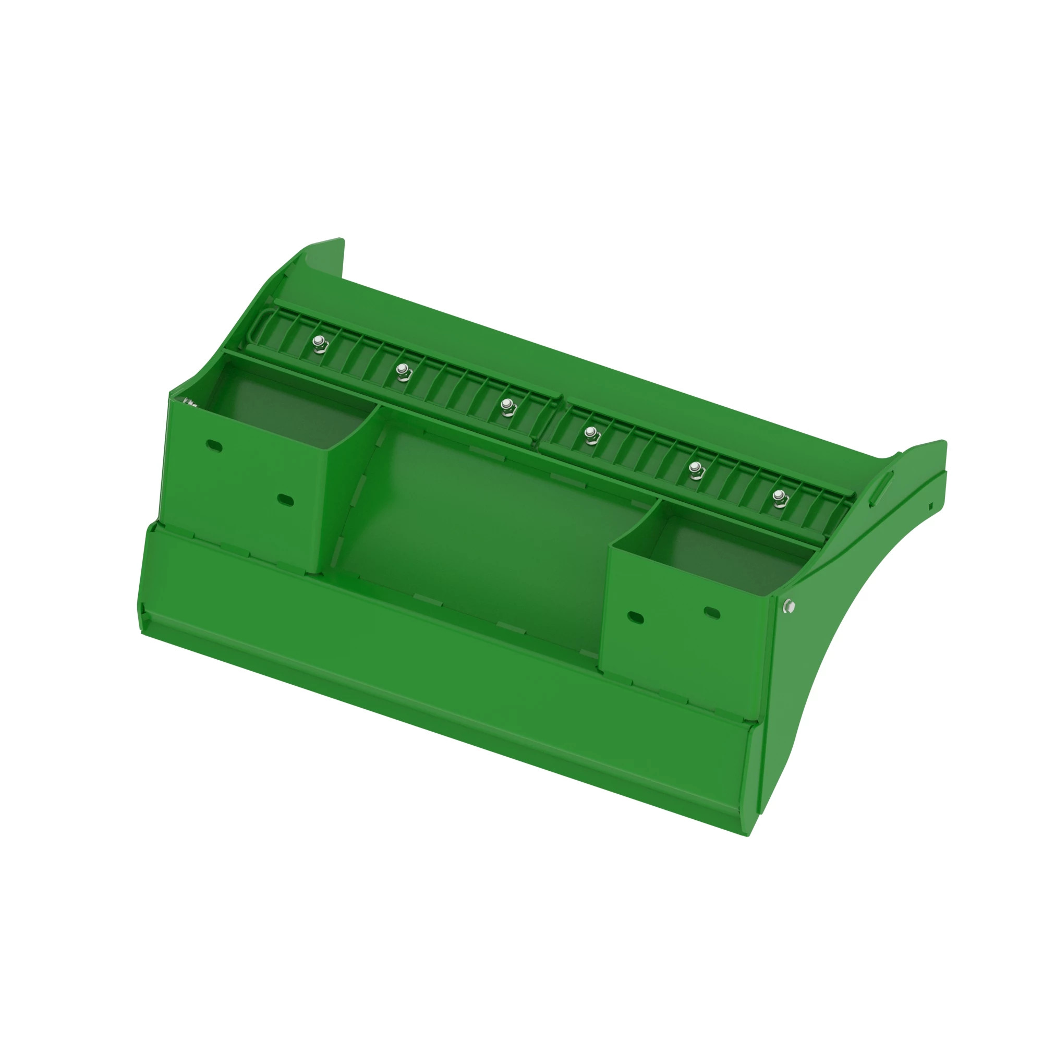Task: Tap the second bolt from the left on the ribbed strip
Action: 402,370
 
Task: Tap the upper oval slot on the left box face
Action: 214,446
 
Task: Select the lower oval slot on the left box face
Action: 285,500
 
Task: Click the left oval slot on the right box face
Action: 636,617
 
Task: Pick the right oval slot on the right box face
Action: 712,613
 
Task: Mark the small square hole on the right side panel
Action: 931,506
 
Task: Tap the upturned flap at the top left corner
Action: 324,258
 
